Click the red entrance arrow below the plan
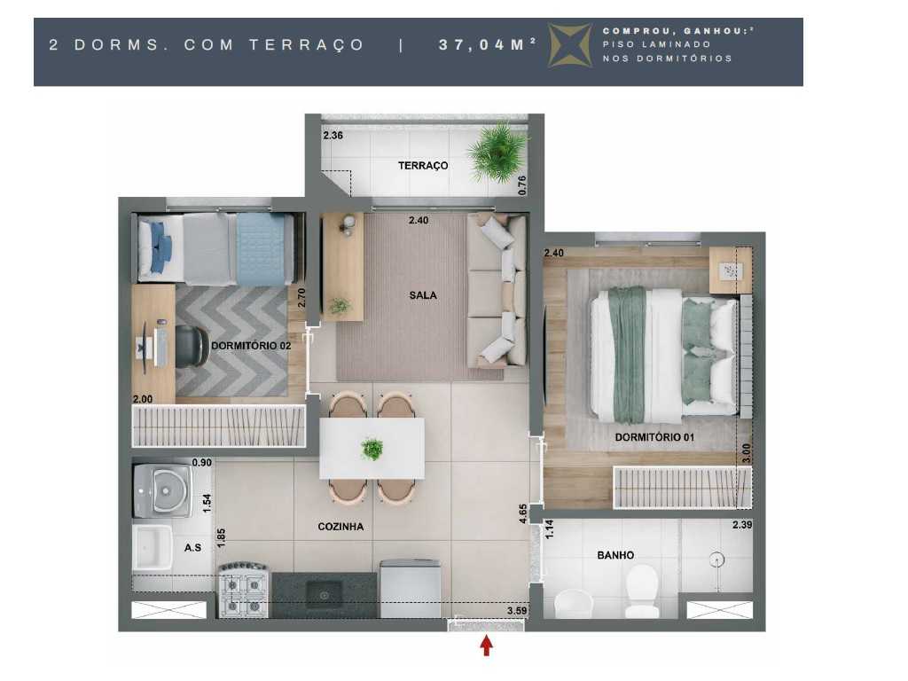click(x=486, y=646)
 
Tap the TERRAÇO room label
click(x=423, y=166)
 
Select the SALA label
click(x=423, y=295)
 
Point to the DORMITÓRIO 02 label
click(x=251, y=346)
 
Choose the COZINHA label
click(x=340, y=527)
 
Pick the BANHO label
click(x=615, y=555)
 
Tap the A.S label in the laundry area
click(x=192, y=548)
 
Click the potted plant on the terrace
click(x=498, y=152)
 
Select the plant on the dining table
click(x=372, y=448)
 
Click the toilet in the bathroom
click(x=641, y=592)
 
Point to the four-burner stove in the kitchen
click(x=244, y=591)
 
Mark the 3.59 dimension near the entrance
click(x=518, y=611)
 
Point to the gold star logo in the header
click(x=571, y=45)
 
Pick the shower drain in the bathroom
click(x=716, y=560)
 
